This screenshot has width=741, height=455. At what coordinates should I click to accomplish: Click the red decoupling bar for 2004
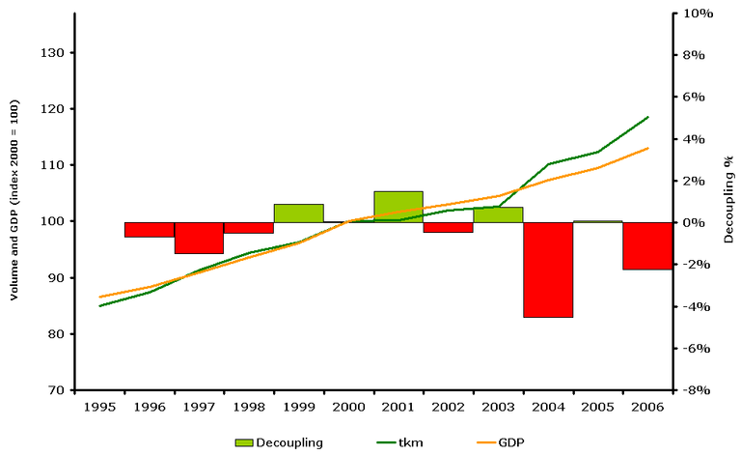pyautogui.click(x=548, y=270)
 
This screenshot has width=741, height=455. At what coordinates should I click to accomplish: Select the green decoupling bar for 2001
pyautogui.click(x=398, y=206)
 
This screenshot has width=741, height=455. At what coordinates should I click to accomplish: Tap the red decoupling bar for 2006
pyautogui.click(x=647, y=245)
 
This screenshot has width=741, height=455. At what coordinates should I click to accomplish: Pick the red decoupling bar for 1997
pyautogui.click(x=199, y=238)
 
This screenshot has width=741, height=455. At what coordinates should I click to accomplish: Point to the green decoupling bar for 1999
pyautogui.click(x=299, y=213)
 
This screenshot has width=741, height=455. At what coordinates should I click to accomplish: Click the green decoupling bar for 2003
pyautogui.click(x=498, y=214)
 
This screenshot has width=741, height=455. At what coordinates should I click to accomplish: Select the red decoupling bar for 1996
pyautogui.click(x=150, y=229)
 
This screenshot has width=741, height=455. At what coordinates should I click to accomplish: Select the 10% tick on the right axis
pyautogui.click(x=697, y=14)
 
